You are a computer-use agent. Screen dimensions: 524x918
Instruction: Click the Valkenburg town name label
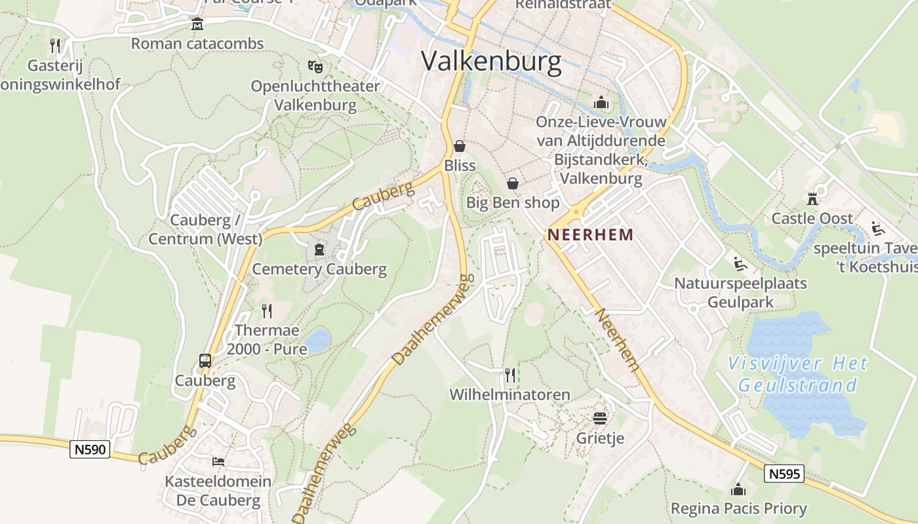491,61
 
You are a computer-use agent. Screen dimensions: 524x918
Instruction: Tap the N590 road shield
89,450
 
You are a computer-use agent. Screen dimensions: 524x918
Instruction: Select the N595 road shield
784,474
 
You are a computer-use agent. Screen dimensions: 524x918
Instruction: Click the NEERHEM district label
591,234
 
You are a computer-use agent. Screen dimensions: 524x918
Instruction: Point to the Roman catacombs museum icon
197,25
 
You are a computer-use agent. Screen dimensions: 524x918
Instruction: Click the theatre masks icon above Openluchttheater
315,66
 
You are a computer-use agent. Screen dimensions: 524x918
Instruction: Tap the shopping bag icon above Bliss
460,146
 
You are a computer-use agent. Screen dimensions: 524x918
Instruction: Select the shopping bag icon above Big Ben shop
513,183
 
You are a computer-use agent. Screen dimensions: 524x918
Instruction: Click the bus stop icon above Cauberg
205,361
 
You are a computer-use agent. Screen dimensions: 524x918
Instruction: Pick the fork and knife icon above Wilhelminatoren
509,375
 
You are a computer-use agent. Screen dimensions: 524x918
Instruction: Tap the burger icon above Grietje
600,418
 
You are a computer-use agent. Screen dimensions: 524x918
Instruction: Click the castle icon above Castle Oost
812,199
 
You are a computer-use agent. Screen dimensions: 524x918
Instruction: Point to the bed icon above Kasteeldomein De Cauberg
218,462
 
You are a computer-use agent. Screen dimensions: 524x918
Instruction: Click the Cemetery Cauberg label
319,269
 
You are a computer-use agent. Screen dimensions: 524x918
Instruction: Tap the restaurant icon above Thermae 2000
266,310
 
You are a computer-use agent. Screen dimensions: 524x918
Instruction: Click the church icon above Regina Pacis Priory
738,489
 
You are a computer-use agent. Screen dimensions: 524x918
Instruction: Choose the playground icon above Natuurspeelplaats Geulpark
740,264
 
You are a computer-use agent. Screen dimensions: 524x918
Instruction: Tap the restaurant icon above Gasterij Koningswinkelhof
55,46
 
